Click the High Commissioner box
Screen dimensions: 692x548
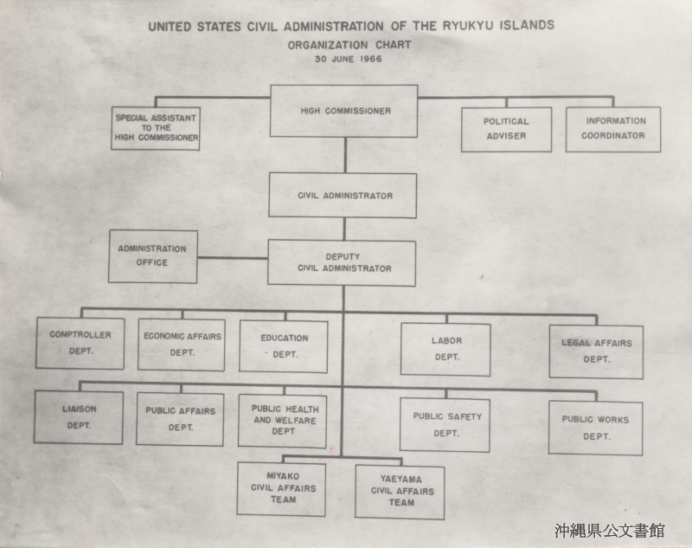click(343, 111)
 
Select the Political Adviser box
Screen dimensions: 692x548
click(506, 129)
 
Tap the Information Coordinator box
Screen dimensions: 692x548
click(613, 129)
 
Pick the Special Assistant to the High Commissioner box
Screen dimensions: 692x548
click(156, 128)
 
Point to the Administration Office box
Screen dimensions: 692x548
click(153, 256)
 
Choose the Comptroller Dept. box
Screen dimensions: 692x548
click(80, 343)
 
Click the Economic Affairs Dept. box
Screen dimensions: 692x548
click(182, 345)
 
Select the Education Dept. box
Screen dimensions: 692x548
click(284, 346)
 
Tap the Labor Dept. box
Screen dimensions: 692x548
click(445, 350)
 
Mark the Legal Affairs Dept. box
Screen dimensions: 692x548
click(596, 352)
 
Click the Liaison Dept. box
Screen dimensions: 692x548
click(79, 417)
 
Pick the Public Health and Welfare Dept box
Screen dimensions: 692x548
click(283, 421)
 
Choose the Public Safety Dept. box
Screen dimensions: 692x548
click(445, 425)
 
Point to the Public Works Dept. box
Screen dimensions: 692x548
click(596, 428)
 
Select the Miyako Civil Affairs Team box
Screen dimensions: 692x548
click(282, 489)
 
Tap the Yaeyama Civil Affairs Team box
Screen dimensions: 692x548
click(400, 493)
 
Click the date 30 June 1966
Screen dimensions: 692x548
click(349, 59)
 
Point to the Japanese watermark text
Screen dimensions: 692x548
click(610, 531)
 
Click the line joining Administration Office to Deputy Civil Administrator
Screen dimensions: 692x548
click(233, 258)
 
